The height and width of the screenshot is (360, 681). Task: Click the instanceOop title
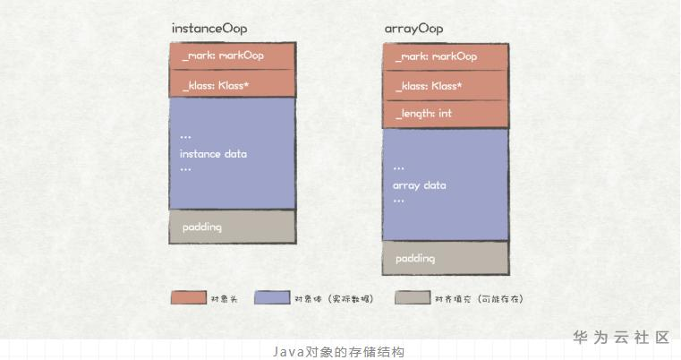click(209, 29)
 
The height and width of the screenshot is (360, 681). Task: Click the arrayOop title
click(413, 29)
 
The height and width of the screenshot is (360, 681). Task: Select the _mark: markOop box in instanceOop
click(232, 56)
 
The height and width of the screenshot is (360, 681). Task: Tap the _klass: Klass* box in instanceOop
click(232, 85)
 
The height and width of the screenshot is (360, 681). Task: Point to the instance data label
click(213, 154)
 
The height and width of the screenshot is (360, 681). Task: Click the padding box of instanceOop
click(232, 227)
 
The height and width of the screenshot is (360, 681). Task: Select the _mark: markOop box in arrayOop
click(446, 56)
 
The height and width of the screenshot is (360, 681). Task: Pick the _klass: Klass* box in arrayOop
click(446, 86)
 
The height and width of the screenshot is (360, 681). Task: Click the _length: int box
click(446, 114)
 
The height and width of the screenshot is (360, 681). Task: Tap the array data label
click(419, 185)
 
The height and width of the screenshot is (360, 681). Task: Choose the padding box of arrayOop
click(446, 259)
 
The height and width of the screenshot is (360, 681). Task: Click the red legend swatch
click(188, 297)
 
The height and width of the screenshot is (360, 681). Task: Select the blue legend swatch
click(272, 297)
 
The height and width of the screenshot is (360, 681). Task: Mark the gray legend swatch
click(412, 297)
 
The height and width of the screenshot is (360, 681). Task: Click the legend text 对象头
click(223, 298)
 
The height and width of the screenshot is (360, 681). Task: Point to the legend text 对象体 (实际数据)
click(333, 298)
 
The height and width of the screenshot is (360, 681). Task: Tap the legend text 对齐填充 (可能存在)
click(479, 298)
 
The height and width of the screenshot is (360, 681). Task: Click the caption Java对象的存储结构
click(339, 352)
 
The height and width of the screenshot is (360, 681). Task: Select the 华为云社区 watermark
click(621, 338)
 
